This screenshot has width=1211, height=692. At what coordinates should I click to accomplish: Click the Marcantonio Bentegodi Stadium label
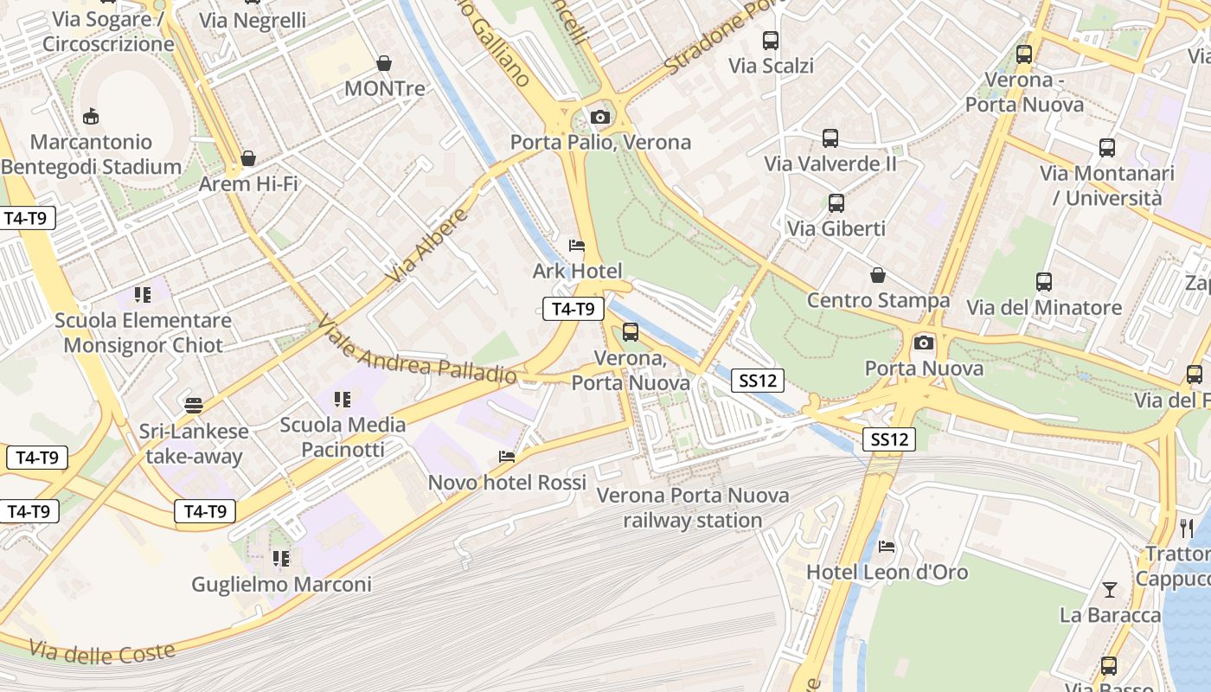pos(92,154)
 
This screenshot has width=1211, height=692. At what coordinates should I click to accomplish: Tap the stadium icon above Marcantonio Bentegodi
pos(90,116)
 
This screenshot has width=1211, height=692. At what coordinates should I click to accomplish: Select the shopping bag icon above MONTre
pos(384,63)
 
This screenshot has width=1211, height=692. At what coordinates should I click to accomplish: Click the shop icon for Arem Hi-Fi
pos(248,158)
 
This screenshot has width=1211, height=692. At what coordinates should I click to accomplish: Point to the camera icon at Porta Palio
pos(600,117)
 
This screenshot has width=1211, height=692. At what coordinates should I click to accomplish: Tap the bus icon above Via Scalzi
pos(770,40)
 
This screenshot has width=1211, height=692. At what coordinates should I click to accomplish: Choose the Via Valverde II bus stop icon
pos(830,138)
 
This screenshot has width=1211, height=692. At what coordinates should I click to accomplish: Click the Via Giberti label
pos(836,228)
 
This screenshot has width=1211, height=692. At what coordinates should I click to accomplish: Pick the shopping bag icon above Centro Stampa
pos(878,275)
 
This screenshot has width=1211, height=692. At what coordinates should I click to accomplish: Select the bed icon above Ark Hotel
pos(577,247)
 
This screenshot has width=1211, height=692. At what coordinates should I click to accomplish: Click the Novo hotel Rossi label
pos(507,482)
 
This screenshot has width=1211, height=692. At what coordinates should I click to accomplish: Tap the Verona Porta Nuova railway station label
pos(693,508)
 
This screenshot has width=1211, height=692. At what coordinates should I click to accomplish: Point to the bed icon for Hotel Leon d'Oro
pos(887,547)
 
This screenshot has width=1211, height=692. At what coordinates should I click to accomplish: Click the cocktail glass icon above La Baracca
pos(1110,590)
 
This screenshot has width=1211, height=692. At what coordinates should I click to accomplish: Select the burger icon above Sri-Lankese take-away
pos(194,405)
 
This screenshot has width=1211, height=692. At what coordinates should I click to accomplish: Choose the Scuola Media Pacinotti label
pos(343,437)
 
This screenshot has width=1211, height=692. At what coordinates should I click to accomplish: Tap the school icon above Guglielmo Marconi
pos(281,559)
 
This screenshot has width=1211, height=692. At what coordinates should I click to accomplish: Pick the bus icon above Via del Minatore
pos(1044,281)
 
